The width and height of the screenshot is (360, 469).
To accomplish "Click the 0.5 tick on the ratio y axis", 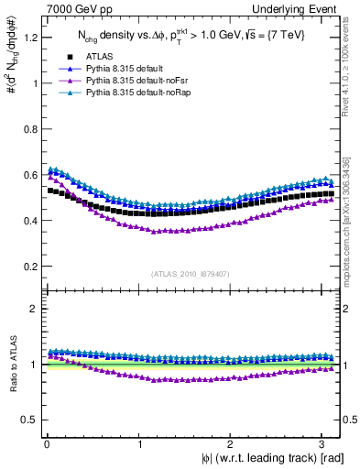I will tap(26, 420).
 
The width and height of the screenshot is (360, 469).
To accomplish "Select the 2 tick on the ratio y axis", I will tap(30, 309).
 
